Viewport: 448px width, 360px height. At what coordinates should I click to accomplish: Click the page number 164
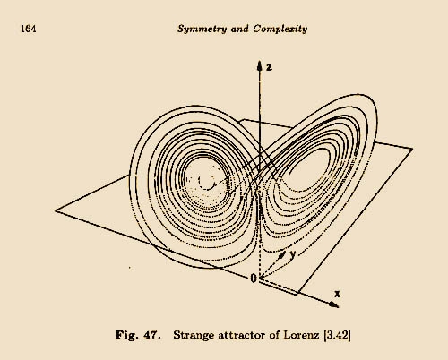pyautogui.click(x=29, y=29)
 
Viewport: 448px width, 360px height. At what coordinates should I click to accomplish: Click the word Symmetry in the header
pyautogui.click(x=202, y=29)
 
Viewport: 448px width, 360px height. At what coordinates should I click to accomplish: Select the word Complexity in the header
pyautogui.click(x=280, y=29)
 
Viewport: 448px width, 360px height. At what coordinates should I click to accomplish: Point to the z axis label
pyautogui.click(x=269, y=67)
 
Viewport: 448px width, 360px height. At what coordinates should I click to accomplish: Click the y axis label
pyautogui.click(x=293, y=254)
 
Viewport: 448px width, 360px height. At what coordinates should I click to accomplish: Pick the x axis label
pyautogui.click(x=337, y=294)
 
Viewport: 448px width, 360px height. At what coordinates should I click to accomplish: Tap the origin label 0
pyautogui.click(x=254, y=279)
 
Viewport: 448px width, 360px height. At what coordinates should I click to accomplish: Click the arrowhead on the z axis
pyautogui.click(x=260, y=65)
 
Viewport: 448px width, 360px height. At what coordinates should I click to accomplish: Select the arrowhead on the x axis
pyautogui.click(x=334, y=304)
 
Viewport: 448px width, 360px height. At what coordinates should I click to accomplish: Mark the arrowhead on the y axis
pyautogui.click(x=281, y=255)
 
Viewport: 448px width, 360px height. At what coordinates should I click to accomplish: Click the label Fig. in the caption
pyautogui.click(x=127, y=335)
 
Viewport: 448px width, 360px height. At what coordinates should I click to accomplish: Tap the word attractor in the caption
pyautogui.click(x=242, y=335)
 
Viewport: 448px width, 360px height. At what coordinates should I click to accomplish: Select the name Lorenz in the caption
pyautogui.click(x=301, y=335)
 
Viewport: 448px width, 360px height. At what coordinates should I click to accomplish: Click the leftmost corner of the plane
pyautogui.click(x=56, y=210)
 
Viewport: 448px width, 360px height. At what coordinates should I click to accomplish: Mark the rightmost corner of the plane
pyautogui.click(x=413, y=149)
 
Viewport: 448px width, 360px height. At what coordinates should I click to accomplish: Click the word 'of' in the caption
pyautogui.click(x=274, y=335)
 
